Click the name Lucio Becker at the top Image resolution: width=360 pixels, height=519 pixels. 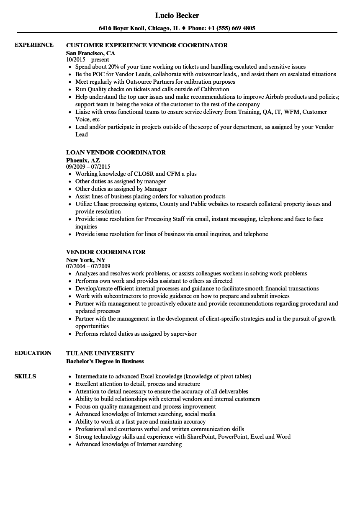[177, 15]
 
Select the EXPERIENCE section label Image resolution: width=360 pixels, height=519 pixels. [34, 45]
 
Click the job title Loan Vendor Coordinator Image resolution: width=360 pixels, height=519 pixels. [116, 152]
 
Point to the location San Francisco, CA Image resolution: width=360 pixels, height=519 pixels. [90, 53]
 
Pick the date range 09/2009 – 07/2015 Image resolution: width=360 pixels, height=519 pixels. [88, 166]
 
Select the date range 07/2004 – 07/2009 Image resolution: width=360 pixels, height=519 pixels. [88, 266]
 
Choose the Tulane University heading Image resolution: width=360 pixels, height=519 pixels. [100, 353]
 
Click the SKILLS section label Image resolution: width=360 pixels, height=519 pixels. [25, 376]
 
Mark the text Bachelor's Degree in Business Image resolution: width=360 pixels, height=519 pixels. [105, 361]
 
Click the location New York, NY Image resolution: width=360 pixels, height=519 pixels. [86, 259]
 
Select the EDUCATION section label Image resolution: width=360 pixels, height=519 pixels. [33, 353]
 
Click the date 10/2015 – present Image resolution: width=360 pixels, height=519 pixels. [87, 59]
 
